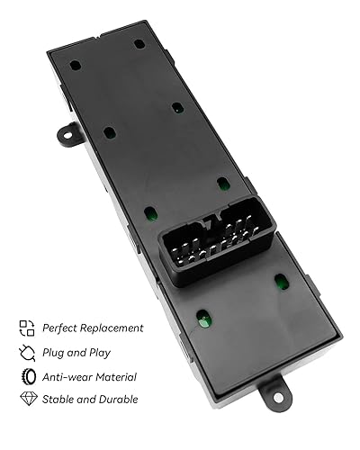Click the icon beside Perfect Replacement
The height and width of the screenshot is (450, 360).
coord(26,328)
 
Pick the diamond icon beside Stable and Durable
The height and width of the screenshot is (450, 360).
coord(26,398)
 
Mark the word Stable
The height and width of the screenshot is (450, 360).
coord(58,399)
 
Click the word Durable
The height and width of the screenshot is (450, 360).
coord(117,399)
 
